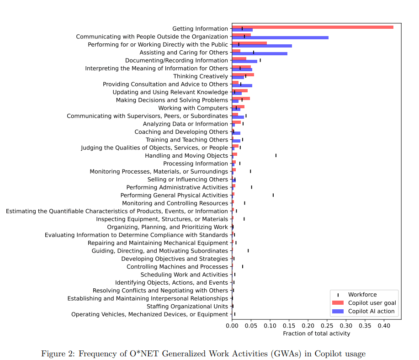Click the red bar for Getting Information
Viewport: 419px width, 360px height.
(x=313, y=27)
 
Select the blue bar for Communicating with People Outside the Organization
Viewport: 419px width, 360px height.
(x=280, y=37)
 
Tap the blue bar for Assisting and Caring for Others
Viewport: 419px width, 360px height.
(x=260, y=53)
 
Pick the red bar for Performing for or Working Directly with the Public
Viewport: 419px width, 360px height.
(x=249, y=43)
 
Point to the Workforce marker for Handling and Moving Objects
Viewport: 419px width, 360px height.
(x=276, y=155)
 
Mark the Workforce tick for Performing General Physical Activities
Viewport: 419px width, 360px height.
(x=273, y=195)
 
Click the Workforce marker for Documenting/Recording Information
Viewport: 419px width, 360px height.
(x=260, y=60)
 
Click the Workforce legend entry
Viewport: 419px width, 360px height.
(x=362, y=295)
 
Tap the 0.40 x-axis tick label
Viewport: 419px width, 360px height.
(x=384, y=326)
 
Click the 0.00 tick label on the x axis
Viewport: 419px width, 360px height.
(x=232, y=326)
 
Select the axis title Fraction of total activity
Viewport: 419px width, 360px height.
(x=316, y=334)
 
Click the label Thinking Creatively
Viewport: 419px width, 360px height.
(x=201, y=76)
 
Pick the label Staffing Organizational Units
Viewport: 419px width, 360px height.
(x=187, y=306)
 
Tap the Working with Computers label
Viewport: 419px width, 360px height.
(x=193, y=108)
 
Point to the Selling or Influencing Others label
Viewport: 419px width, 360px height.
(x=187, y=180)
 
